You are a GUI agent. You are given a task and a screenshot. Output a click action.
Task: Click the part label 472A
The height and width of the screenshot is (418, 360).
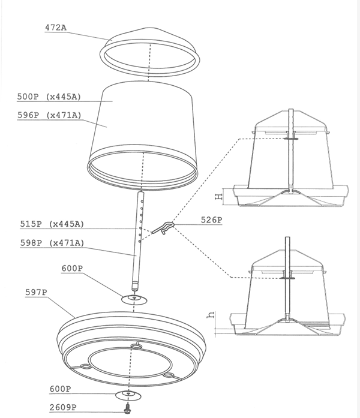[56, 28]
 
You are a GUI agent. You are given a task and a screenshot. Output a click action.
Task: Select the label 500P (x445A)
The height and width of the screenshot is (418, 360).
[49, 97]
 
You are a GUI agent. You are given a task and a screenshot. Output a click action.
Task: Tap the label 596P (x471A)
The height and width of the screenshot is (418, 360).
[49, 115]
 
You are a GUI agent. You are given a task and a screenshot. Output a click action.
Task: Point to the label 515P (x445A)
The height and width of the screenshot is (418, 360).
[52, 224]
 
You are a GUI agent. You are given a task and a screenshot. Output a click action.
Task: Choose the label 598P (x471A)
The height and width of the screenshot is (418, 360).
[52, 243]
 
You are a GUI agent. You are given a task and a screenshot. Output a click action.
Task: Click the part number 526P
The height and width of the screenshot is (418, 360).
[211, 220]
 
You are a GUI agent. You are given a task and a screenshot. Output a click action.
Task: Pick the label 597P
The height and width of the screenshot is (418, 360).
[36, 293]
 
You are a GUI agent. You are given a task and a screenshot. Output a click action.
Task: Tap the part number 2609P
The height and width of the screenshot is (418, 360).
[63, 408]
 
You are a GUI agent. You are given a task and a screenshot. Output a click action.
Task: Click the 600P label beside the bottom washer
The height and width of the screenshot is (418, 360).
[61, 389]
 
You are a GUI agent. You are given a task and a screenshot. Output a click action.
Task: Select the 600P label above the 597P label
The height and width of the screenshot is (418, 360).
[72, 268]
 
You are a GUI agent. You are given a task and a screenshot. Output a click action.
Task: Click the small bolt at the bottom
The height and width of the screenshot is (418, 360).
[128, 407]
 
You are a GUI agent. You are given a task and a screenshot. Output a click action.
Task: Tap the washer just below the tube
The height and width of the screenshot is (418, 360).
[134, 299]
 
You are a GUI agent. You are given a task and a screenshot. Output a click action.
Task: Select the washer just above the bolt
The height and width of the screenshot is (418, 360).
[128, 395]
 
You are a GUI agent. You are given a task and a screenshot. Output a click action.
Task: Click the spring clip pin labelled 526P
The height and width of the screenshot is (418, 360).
[163, 228]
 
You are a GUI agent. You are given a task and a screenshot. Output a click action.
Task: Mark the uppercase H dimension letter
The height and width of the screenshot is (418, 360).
[218, 197]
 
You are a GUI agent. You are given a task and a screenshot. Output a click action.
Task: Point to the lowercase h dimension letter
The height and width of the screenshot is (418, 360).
[211, 315]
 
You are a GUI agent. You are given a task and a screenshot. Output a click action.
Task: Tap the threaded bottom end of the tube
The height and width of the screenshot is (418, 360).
[135, 287]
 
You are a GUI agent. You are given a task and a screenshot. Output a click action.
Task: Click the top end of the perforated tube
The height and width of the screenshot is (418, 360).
[141, 193]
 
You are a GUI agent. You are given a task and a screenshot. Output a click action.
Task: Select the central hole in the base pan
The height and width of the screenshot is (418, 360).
[136, 346]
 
